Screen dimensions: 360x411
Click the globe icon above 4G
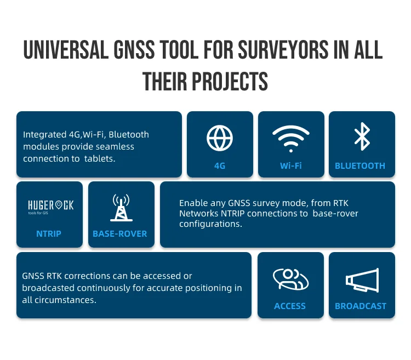coord(220,138)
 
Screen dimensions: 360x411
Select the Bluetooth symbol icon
coord(362,137)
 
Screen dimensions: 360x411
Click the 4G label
coord(220,165)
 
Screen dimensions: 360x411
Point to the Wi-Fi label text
coord(290,165)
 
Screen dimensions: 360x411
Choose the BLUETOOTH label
coord(360,165)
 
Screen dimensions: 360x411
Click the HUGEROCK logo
coord(50,206)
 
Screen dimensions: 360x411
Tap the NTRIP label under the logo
coord(49,233)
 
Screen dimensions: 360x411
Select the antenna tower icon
coord(120,207)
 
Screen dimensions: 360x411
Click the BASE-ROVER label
coord(120,233)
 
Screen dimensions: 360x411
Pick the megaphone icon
coord(362,280)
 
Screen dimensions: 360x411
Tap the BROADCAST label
coord(361,306)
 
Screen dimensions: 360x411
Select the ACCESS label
coord(290,306)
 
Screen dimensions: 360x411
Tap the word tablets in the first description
coord(102,158)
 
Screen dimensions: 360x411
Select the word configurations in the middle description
coord(210,224)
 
